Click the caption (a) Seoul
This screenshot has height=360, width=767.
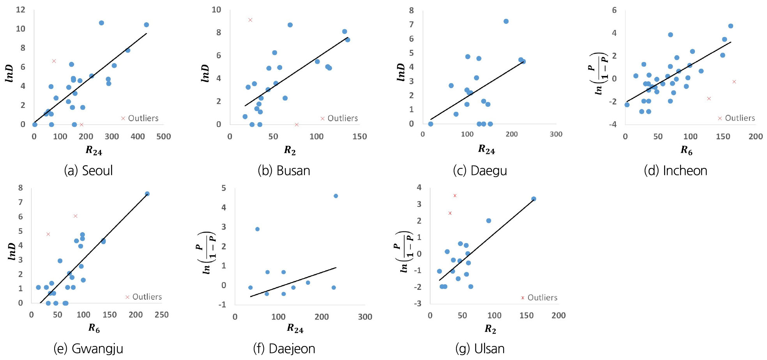click(x=88, y=171)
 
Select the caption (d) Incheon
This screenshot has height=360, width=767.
click(x=675, y=171)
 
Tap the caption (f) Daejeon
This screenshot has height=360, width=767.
click(x=284, y=349)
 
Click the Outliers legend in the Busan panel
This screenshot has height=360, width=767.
click(x=339, y=118)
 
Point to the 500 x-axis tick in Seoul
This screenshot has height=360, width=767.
click(x=164, y=137)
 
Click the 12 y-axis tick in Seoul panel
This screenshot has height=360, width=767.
click(x=21, y=9)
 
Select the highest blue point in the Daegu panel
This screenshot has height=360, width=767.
click(x=506, y=21)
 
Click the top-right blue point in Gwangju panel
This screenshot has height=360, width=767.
click(x=147, y=194)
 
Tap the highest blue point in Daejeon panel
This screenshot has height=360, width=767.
click(x=336, y=196)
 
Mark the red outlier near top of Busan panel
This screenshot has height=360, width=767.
click(x=250, y=20)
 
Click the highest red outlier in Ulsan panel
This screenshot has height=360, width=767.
click(x=455, y=196)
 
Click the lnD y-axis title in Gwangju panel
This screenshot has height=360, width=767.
click(x=12, y=251)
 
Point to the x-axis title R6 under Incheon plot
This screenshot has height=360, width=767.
click(x=686, y=150)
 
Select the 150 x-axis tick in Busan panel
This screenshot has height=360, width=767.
click(x=359, y=137)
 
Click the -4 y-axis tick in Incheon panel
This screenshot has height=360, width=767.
click(x=614, y=124)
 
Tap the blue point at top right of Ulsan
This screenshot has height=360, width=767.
click(x=534, y=199)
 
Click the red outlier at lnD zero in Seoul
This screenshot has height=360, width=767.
click(x=81, y=125)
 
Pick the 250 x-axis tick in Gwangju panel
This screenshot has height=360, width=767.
click(x=162, y=315)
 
